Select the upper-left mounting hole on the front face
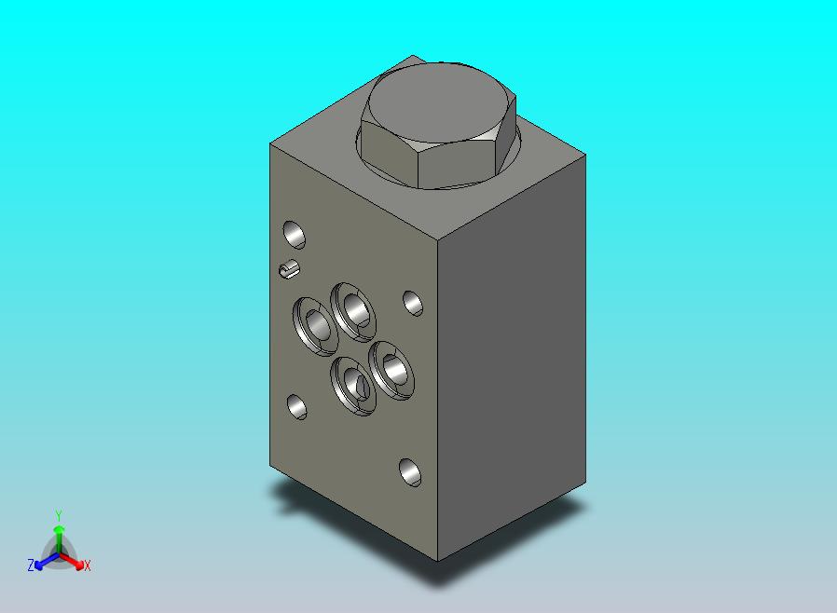pyautogui.click(x=294, y=232)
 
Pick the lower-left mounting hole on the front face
pyautogui.click(x=297, y=406)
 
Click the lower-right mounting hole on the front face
pyautogui.click(x=410, y=472)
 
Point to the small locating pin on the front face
pyautogui.click(x=289, y=270)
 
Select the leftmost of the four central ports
pyautogui.click(x=314, y=324)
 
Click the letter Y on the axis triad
pyautogui.click(x=59, y=515)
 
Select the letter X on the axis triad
pyautogui.click(x=87, y=565)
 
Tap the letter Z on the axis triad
pyautogui.click(x=31, y=565)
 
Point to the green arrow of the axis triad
pyautogui.click(x=59, y=535)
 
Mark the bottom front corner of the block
pyautogui.click(x=438, y=561)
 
